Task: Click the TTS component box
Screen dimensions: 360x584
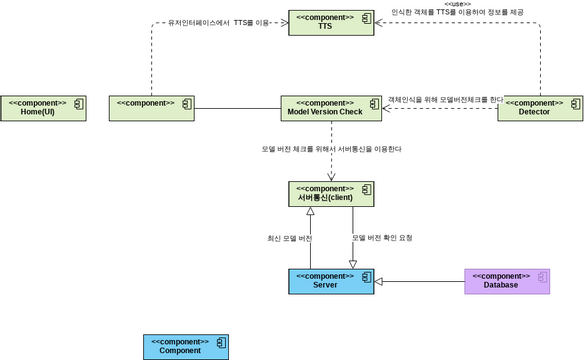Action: click(331, 22)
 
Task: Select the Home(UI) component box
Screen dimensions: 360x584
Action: click(43, 108)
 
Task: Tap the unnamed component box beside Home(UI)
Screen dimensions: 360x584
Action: click(151, 108)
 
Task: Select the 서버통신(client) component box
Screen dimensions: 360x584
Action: click(331, 194)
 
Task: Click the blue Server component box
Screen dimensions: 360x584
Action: click(331, 281)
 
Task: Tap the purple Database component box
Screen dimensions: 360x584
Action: click(507, 281)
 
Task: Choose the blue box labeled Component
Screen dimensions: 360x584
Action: click(186, 346)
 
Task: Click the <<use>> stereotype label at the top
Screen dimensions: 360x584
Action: click(458, 4)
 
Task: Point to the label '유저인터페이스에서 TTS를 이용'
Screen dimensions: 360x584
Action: click(219, 22)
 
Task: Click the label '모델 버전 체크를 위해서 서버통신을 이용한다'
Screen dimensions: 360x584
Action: click(331, 149)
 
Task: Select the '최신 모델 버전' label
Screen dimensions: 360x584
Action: click(289, 238)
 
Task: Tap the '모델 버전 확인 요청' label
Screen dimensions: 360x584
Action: click(382, 238)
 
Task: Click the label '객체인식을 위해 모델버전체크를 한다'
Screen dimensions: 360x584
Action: click(445, 99)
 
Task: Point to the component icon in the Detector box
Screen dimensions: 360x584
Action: click(575, 102)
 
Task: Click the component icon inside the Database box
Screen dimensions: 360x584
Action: click(542, 275)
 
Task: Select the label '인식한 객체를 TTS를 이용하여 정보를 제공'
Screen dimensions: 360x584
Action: click(458, 12)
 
